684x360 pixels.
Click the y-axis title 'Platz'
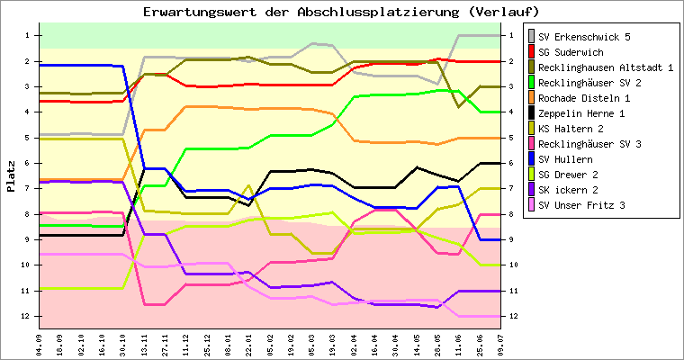tap(11, 176)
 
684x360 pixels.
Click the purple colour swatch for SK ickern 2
tap(531, 190)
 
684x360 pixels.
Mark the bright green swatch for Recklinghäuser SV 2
tap(531, 83)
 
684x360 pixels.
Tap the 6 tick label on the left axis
tap(28, 163)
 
